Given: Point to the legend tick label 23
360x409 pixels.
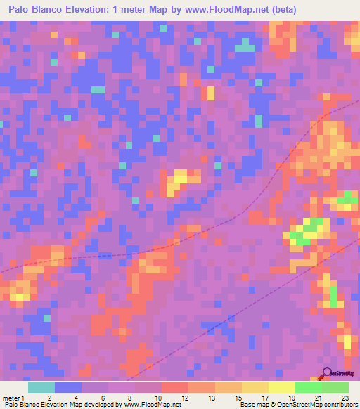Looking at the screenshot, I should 345,396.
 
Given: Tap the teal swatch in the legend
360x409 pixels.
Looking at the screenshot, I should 41,387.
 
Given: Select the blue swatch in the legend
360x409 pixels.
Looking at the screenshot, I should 68,387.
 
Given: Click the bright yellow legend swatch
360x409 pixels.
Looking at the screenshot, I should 282,387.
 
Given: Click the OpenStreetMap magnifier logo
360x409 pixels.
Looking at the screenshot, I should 327,373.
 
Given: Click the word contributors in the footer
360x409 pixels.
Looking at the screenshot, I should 340,405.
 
